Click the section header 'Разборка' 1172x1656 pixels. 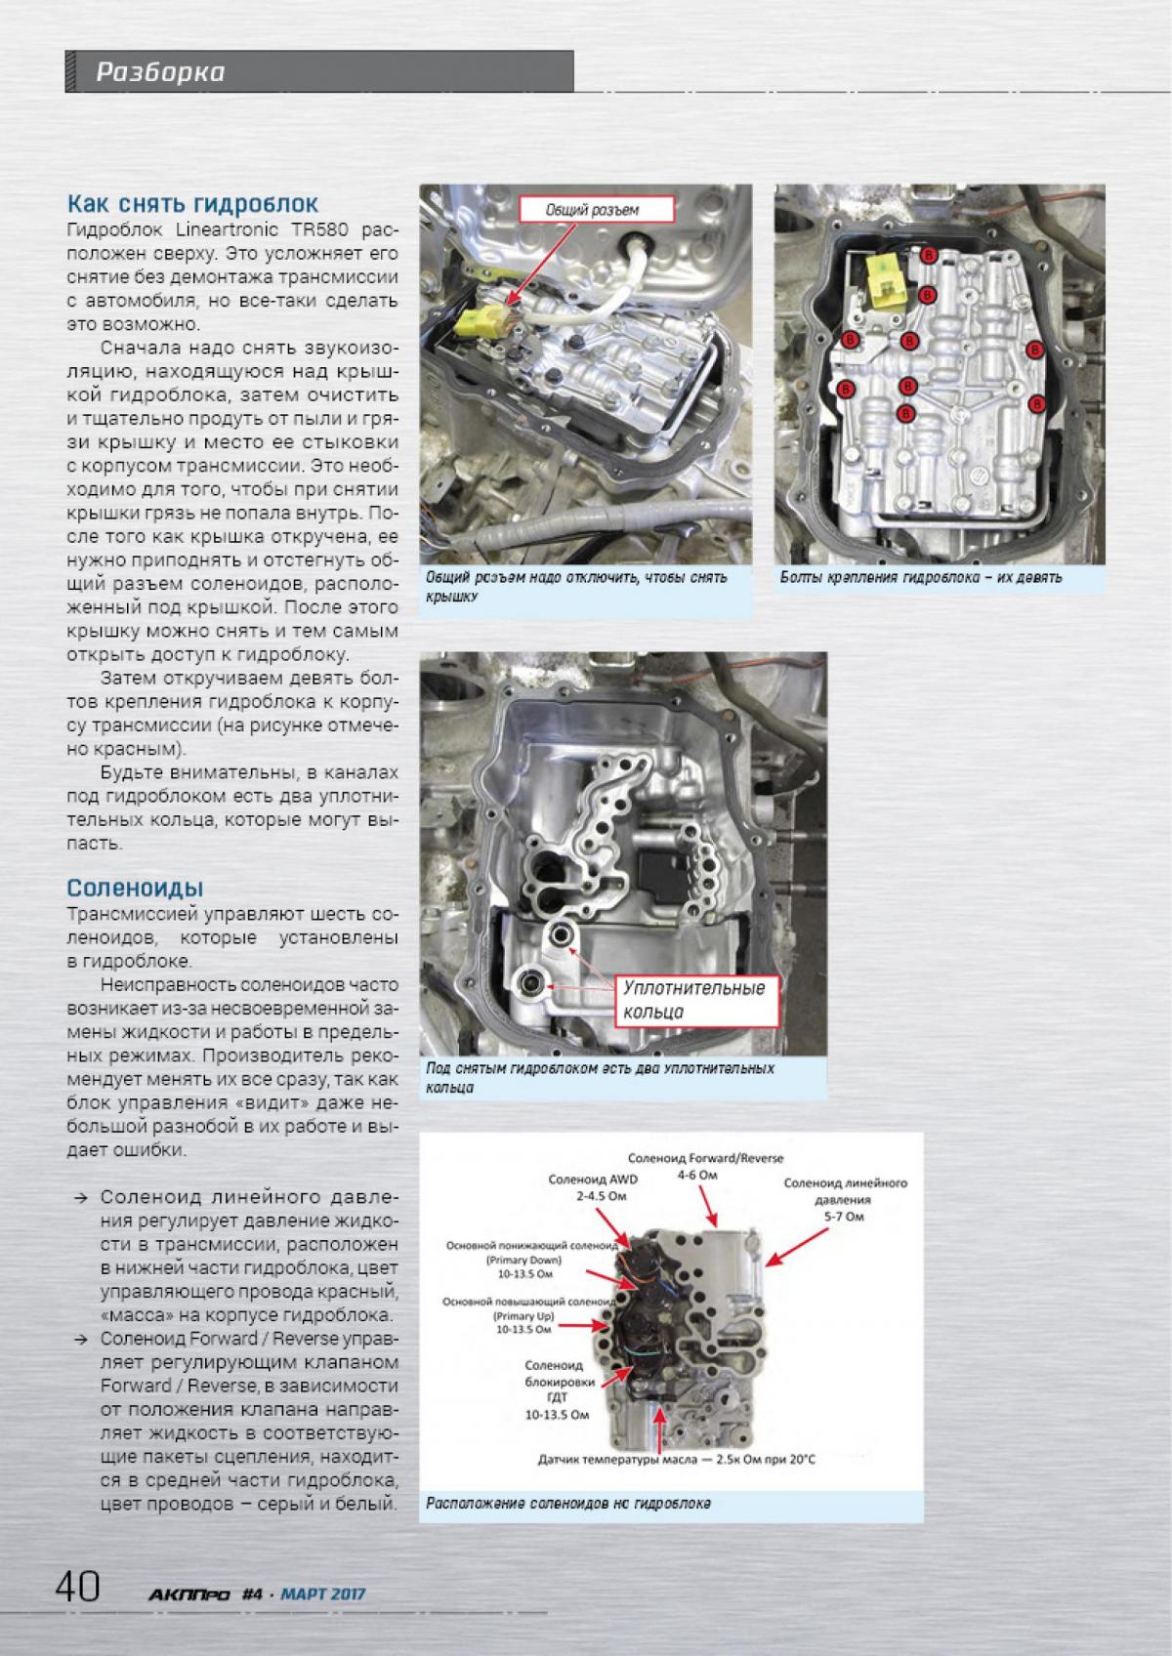click(x=160, y=71)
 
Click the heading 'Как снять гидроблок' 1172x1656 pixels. click(x=192, y=204)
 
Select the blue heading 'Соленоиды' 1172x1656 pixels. click(x=135, y=888)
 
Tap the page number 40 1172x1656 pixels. click(x=78, y=1586)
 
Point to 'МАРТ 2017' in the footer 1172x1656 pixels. click(x=322, y=1594)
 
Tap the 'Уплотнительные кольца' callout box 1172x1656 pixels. click(x=693, y=1000)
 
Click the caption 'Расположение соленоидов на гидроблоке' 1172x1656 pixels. click(x=568, y=1504)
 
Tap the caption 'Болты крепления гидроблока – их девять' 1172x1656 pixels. click(x=921, y=577)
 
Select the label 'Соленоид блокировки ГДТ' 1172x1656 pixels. click(x=554, y=1382)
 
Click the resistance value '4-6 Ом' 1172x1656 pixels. click(x=697, y=1175)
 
